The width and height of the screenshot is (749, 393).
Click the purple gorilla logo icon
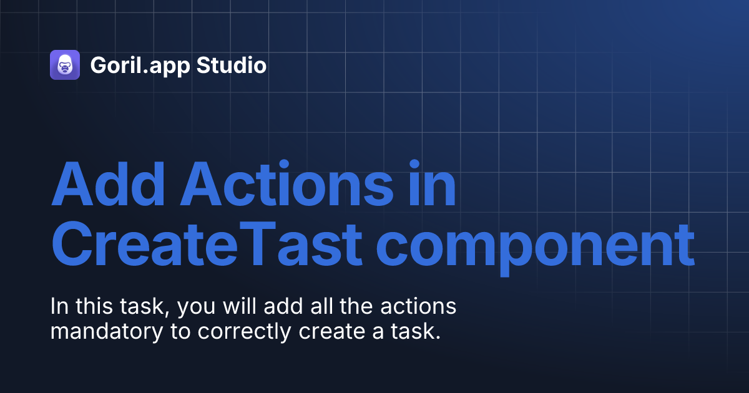click(65, 65)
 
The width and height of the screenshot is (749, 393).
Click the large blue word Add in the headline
click(105, 185)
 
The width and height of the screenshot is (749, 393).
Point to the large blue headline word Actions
click(276, 185)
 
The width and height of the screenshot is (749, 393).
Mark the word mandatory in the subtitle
click(107, 332)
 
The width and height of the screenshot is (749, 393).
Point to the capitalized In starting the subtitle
click(58, 307)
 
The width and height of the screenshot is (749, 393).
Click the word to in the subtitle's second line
click(182, 332)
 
